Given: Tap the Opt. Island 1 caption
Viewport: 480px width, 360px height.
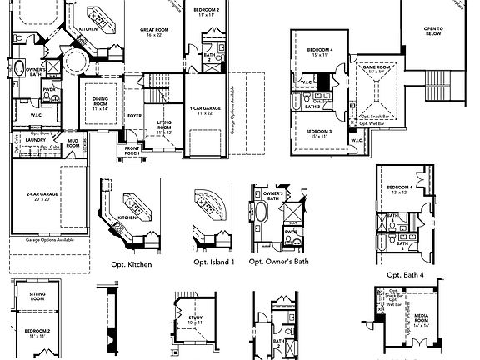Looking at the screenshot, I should click(x=213, y=262).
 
